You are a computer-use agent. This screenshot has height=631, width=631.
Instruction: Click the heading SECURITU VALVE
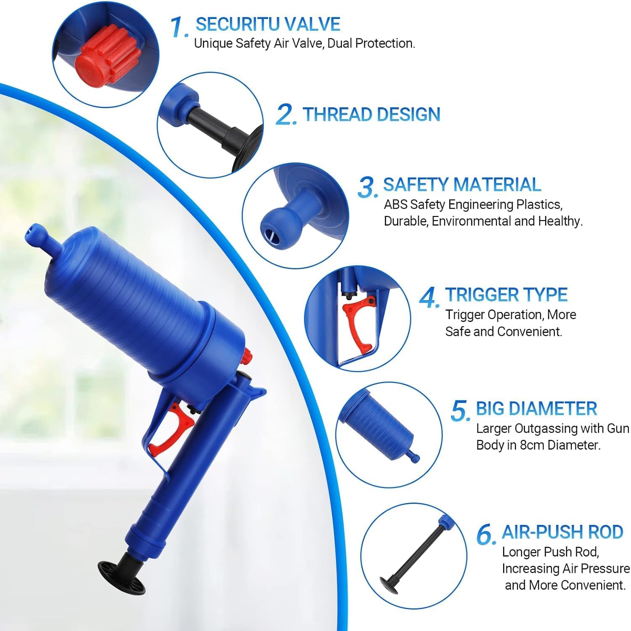pos(268,24)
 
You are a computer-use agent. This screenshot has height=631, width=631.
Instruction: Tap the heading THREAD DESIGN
pos(371,114)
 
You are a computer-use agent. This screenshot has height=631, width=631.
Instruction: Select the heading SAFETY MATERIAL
pos(462,185)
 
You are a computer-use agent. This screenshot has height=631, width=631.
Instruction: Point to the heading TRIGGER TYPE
pos(506,295)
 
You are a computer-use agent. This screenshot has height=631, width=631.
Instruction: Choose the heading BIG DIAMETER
pos(536,409)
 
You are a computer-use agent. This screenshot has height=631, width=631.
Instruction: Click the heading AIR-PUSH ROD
pos(562,532)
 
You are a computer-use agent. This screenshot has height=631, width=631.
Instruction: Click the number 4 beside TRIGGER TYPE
pos(430,297)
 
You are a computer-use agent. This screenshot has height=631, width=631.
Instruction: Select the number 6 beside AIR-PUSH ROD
pos(486,535)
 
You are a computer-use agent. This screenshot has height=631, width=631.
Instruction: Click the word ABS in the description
pos(396,205)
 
